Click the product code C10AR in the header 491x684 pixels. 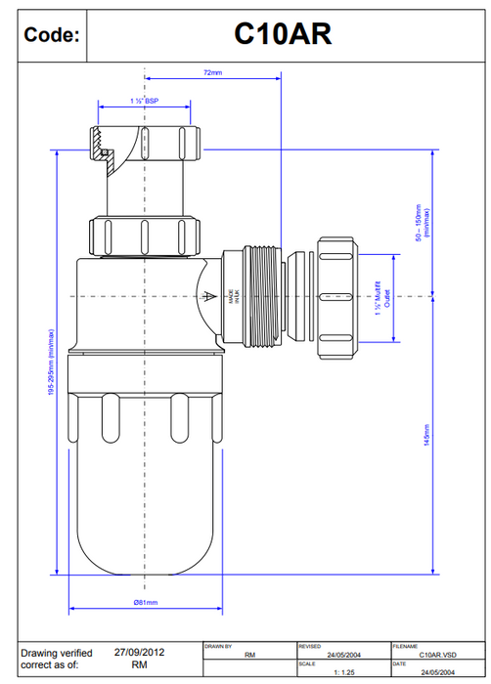point(283,34)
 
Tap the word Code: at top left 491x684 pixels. point(51,35)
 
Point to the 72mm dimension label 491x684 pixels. point(212,72)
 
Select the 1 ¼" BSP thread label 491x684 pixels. point(144,101)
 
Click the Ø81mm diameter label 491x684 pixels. point(145,603)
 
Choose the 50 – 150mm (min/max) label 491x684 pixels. point(423,222)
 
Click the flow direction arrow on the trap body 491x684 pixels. point(207,297)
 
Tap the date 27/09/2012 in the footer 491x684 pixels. point(138,651)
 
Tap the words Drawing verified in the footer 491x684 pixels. point(57,652)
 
